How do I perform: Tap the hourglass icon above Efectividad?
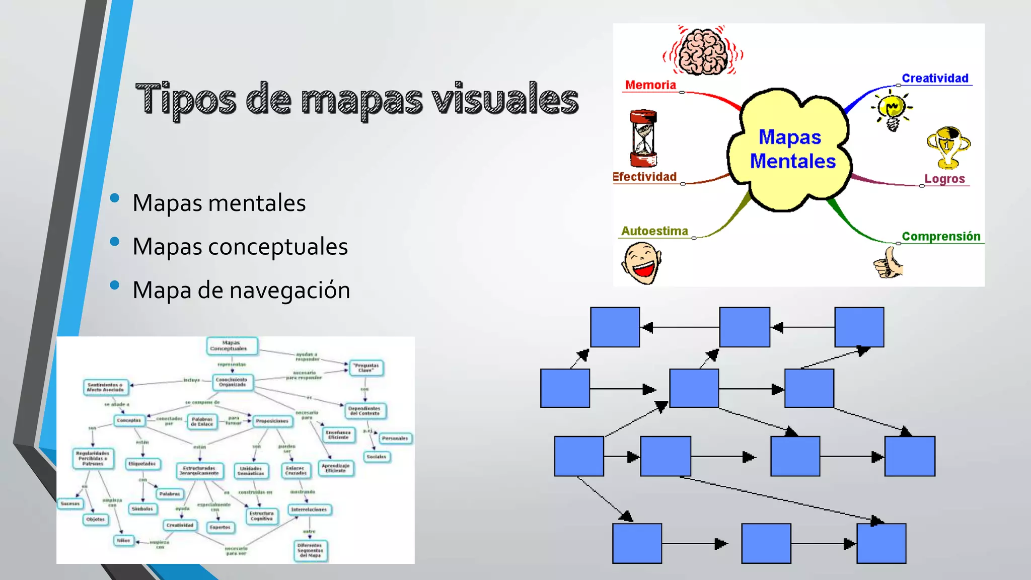coord(643,138)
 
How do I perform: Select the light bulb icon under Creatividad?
coord(892,110)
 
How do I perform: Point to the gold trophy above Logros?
coord(948,148)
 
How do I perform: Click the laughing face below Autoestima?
coord(641,262)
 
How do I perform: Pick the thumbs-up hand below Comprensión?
coord(889,263)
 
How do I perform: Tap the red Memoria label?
coord(650,85)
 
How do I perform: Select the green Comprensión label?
coord(940,237)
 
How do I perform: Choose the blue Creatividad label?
coord(935,79)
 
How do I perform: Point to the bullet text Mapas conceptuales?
coord(240,247)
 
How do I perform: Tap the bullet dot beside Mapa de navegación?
coord(115,285)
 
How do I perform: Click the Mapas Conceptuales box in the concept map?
coord(232,346)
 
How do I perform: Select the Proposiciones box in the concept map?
coord(272,421)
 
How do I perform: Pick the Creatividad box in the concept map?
coord(180,525)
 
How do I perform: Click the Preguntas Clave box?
coord(366,368)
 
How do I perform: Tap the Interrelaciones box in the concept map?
coord(309,510)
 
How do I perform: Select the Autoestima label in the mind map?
coord(654,231)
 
